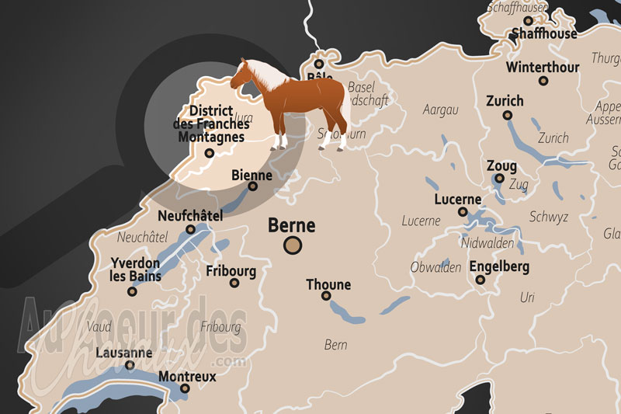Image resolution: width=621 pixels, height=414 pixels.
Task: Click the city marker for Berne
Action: click(293, 246)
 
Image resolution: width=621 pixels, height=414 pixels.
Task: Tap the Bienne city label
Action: click(252, 176)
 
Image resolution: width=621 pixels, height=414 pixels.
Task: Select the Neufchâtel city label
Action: click(189, 215)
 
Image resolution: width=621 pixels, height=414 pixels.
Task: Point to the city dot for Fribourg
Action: click(234, 283)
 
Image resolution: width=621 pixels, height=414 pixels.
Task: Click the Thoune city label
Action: click(328, 284)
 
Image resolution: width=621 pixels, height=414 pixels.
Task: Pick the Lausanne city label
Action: click(123, 353)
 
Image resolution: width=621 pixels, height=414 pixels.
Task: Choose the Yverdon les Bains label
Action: click(136, 269)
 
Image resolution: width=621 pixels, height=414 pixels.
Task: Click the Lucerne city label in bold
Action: click(458, 199)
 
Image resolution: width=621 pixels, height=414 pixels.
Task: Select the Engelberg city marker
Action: click(480, 280)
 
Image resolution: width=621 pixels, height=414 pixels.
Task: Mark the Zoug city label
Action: click(501, 166)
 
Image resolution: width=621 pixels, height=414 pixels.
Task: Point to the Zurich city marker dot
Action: click(508, 115)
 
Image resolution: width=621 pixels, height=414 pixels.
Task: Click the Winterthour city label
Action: click(543, 67)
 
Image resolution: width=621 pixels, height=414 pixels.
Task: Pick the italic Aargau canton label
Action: click(441, 110)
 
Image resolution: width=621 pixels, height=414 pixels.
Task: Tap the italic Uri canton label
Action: click(528, 297)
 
